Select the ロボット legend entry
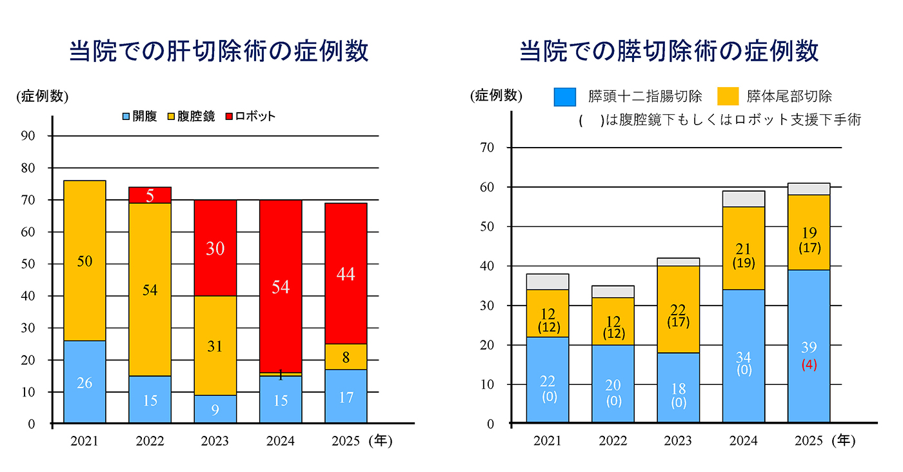pyautogui.click(x=251, y=117)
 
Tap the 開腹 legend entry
pyautogui.click(x=139, y=117)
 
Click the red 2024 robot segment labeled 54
pyautogui.click(x=281, y=286)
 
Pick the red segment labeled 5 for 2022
pyautogui.click(x=150, y=195)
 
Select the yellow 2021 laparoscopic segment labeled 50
pyautogui.click(x=84, y=261)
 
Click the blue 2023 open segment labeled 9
pyautogui.click(x=215, y=409)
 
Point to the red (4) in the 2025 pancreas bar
pyautogui.click(x=809, y=365)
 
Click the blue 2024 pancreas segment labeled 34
pyautogui.click(x=743, y=356)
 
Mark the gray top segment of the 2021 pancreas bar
pyautogui.click(x=548, y=282)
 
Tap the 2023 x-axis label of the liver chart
pyautogui.click(x=215, y=442)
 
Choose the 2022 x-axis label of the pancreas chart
pyautogui.click(x=613, y=442)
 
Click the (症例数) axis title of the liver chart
pyautogui.click(x=43, y=97)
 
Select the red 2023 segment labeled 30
pyautogui.click(x=215, y=248)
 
